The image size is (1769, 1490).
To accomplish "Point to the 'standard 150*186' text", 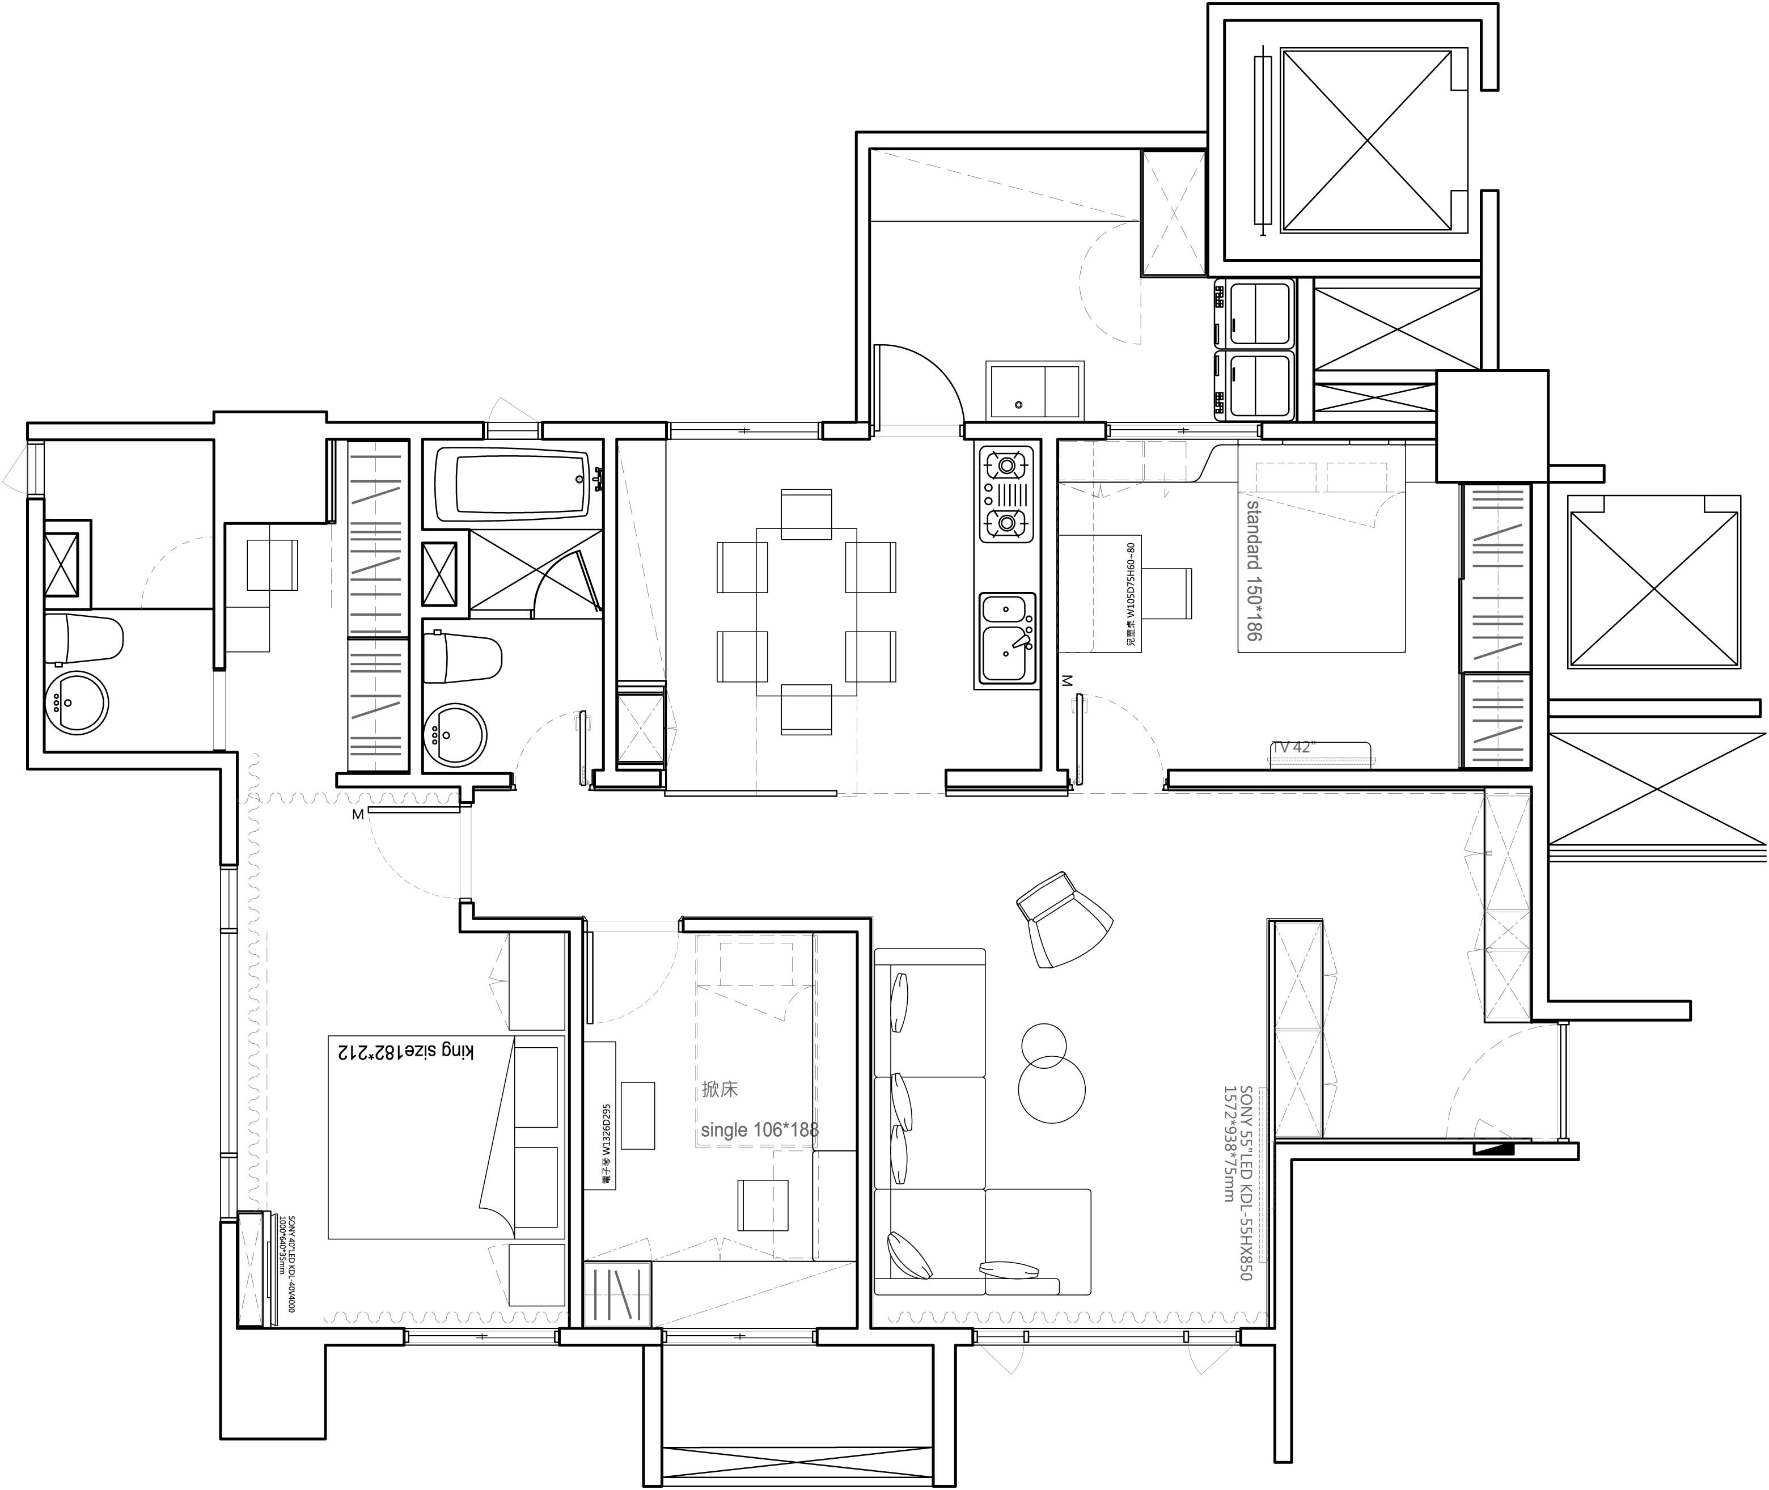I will (1254, 570).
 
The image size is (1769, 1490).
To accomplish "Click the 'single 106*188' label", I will (759, 1130).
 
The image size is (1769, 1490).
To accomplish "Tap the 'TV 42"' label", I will (1293, 747).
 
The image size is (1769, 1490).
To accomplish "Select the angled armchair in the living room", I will (1063, 921).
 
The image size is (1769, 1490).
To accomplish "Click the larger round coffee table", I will (1051, 1090).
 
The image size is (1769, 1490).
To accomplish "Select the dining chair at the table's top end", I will (806, 514).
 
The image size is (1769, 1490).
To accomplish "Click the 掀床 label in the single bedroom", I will (720, 1090).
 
